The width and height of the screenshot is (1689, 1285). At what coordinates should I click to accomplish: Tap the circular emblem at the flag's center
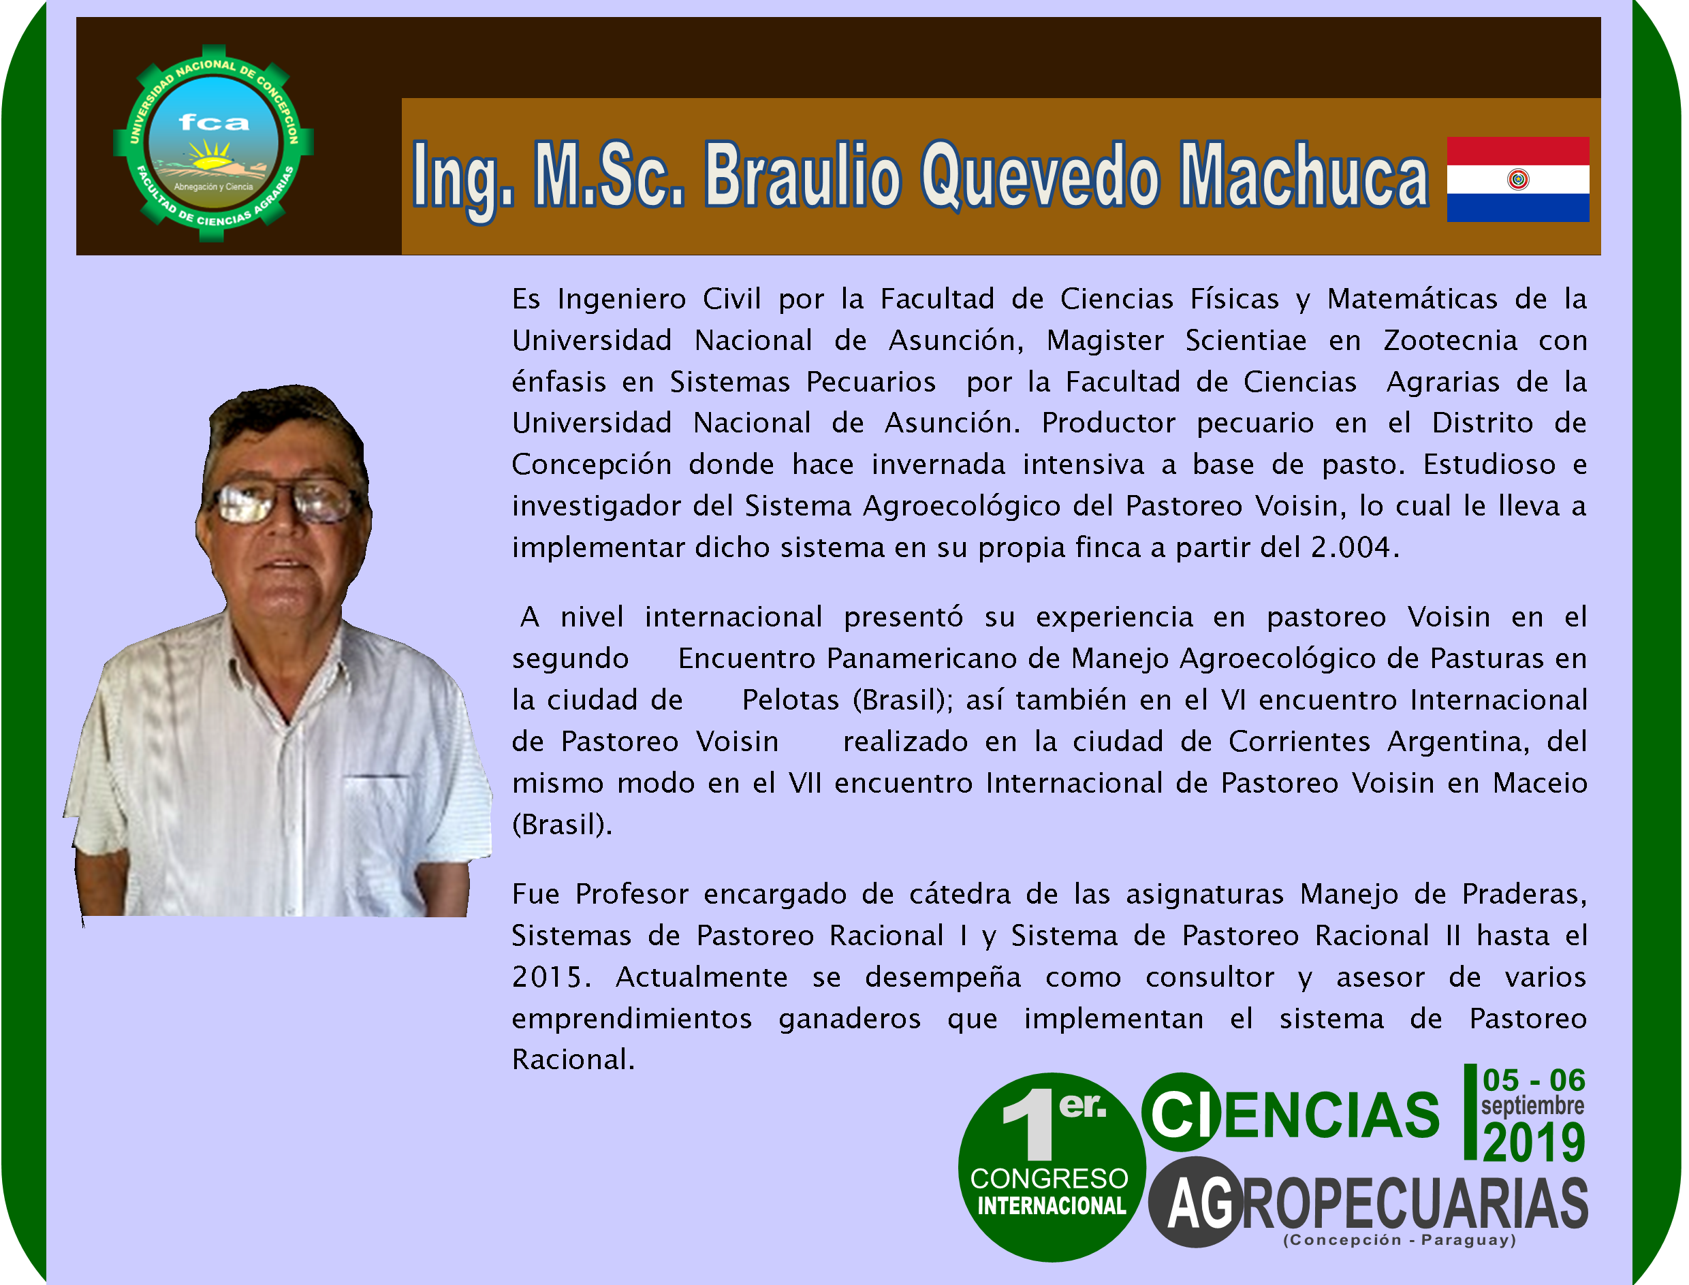pyautogui.click(x=1519, y=180)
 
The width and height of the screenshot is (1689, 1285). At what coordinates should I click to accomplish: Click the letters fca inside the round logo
pyautogui.click(x=214, y=123)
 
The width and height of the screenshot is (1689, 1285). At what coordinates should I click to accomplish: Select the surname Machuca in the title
pyautogui.click(x=1304, y=175)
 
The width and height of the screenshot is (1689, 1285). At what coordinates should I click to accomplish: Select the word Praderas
pyautogui.click(x=1525, y=894)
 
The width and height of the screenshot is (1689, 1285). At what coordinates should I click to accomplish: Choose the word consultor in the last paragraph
pyautogui.click(x=1210, y=977)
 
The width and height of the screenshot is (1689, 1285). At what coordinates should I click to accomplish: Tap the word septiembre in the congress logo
pyautogui.click(x=1533, y=1105)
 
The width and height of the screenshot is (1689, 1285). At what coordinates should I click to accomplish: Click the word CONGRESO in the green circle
pyautogui.click(x=1049, y=1179)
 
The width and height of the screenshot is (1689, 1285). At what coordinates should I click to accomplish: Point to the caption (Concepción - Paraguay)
pyautogui.click(x=1400, y=1240)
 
